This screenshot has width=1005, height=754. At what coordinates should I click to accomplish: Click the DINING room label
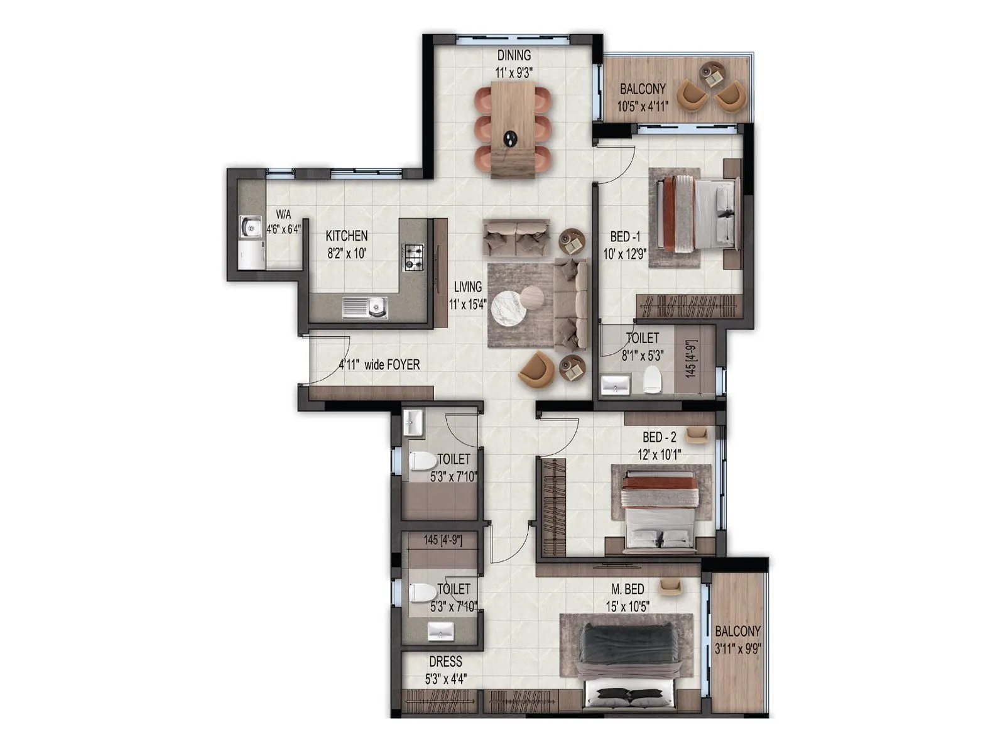click(514, 55)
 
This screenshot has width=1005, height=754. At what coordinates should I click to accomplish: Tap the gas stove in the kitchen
click(413, 258)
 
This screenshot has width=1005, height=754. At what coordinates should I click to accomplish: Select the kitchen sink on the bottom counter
click(365, 308)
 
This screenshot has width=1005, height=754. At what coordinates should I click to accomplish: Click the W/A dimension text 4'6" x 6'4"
click(283, 229)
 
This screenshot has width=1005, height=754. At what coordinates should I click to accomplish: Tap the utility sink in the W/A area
click(251, 227)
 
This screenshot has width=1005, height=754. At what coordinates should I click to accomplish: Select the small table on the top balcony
click(713, 77)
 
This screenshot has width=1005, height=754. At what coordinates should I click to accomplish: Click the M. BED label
click(627, 589)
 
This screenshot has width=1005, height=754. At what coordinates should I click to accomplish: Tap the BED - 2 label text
click(659, 437)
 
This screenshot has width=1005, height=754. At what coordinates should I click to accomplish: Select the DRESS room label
click(445, 662)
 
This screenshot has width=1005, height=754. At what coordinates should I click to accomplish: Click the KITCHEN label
click(347, 236)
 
